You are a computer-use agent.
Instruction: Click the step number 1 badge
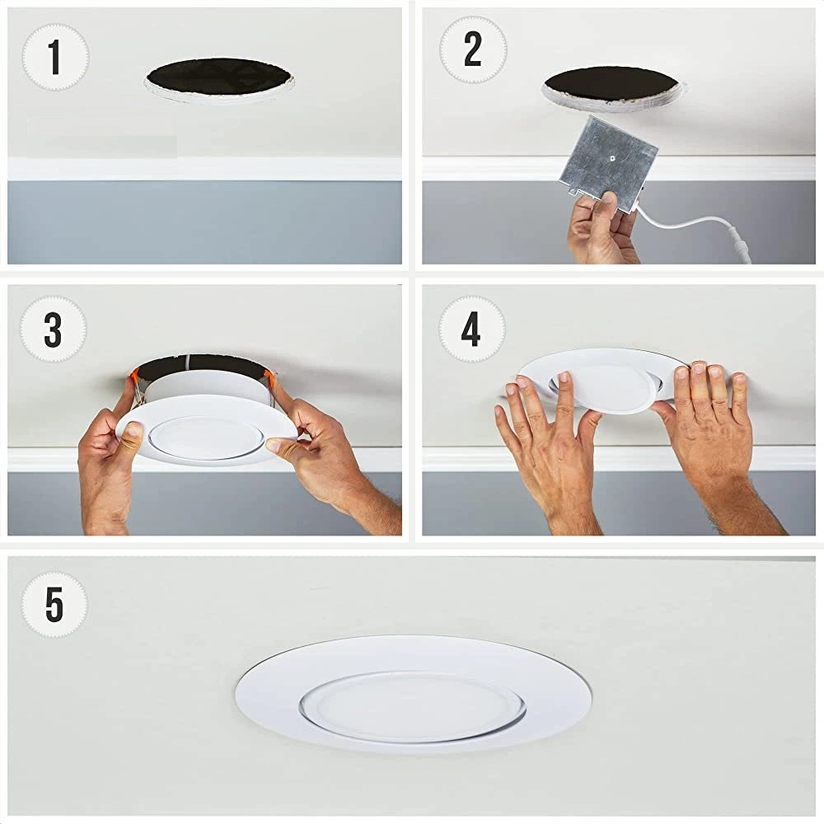click(x=55, y=57)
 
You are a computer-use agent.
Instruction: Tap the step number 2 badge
click(x=473, y=50)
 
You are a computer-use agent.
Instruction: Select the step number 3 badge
click(x=53, y=330)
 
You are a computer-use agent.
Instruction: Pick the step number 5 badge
click(x=54, y=604)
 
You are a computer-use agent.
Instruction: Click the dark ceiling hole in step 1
click(x=218, y=77)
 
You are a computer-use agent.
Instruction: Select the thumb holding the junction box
click(x=609, y=205)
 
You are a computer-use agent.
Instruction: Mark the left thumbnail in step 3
click(x=133, y=432)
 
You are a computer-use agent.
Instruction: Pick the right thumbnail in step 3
click(x=274, y=446)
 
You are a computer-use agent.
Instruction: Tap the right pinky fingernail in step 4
click(x=739, y=379)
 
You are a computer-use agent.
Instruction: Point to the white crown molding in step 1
click(x=204, y=168)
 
